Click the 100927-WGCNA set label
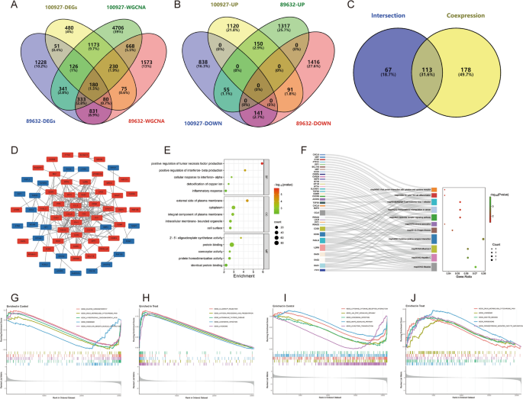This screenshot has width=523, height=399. (123, 6)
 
